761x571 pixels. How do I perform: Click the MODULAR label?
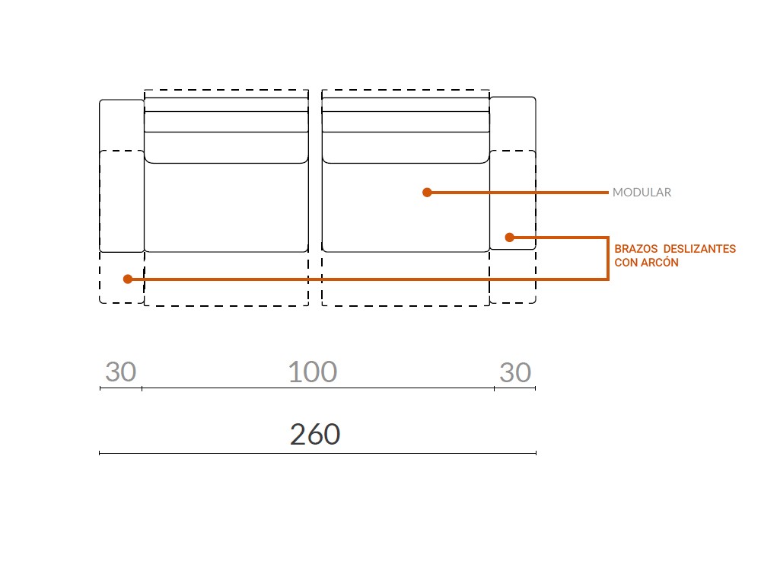[642, 193]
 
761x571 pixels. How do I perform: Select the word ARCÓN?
[659, 263]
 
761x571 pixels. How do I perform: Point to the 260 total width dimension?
[315, 435]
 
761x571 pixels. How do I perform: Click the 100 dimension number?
[312, 372]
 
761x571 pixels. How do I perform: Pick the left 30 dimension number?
[120, 373]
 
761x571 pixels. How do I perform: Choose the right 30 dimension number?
[515, 373]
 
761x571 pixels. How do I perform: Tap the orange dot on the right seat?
[427, 193]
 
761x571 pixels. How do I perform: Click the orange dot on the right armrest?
[511, 238]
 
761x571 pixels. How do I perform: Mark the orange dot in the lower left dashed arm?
[128, 279]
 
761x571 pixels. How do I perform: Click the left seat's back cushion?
[226, 122]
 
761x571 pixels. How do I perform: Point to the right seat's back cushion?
[405, 122]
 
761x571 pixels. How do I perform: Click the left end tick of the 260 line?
[100, 453]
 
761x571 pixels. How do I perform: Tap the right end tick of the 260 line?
[536, 453]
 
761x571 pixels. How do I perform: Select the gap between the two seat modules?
[315, 198]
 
